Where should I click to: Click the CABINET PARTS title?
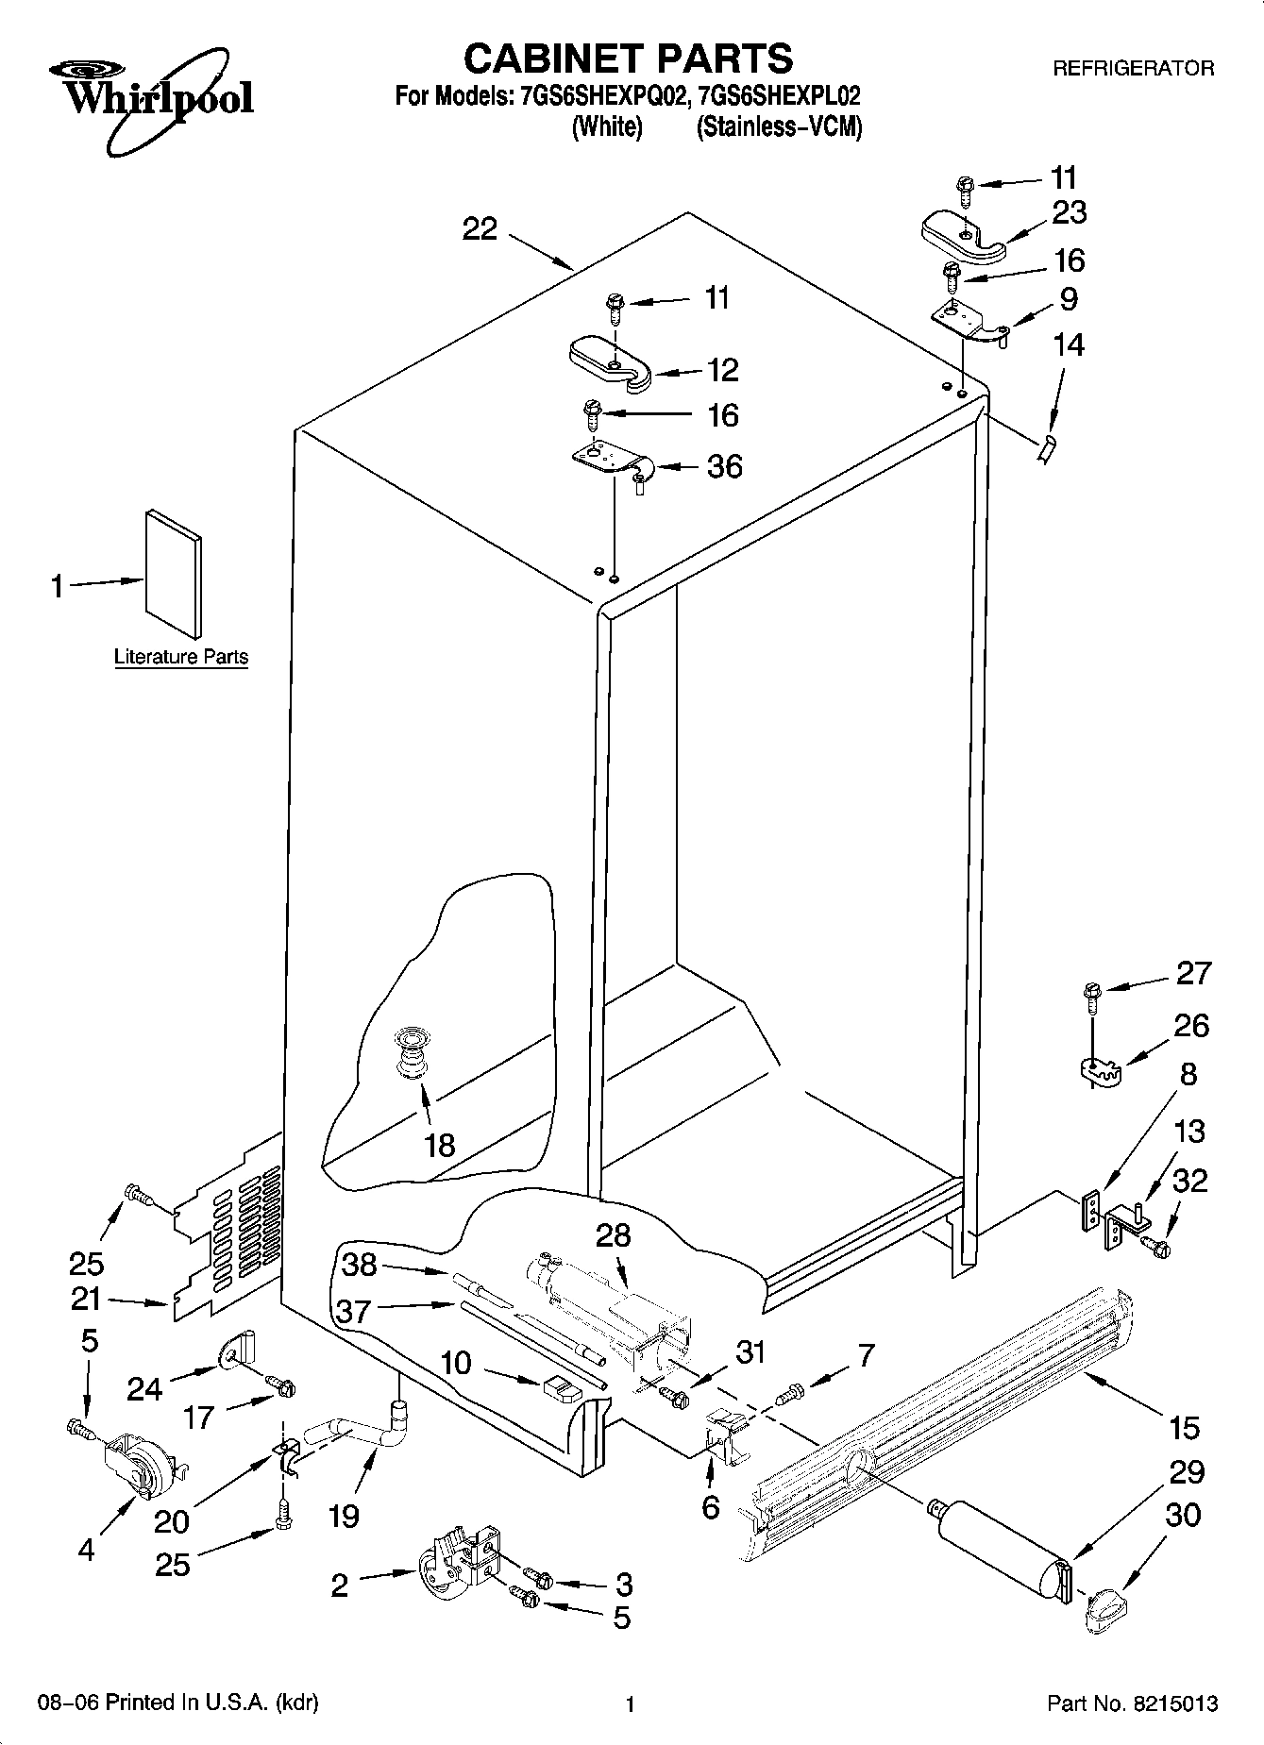tap(628, 59)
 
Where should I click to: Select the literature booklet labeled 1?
tap(173, 573)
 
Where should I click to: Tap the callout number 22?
tap(480, 228)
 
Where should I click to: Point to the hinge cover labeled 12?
tap(611, 364)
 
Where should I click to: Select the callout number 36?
tap(724, 466)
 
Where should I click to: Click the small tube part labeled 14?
tap(1045, 449)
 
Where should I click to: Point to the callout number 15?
tap(1184, 1427)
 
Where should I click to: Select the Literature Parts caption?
tap(181, 657)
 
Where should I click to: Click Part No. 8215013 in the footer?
tap(1132, 1703)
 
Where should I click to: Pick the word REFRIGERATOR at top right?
tap(1133, 68)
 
